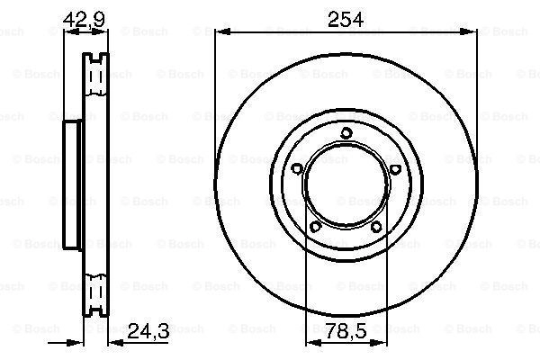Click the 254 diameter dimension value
346,20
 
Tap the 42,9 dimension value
84,19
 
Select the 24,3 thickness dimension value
148,331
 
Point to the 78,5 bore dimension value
346,331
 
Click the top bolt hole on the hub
346,133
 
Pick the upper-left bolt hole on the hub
297,169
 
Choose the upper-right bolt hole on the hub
395,169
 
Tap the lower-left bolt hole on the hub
316,227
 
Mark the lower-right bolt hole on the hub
376,227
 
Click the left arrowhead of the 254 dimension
222,32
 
